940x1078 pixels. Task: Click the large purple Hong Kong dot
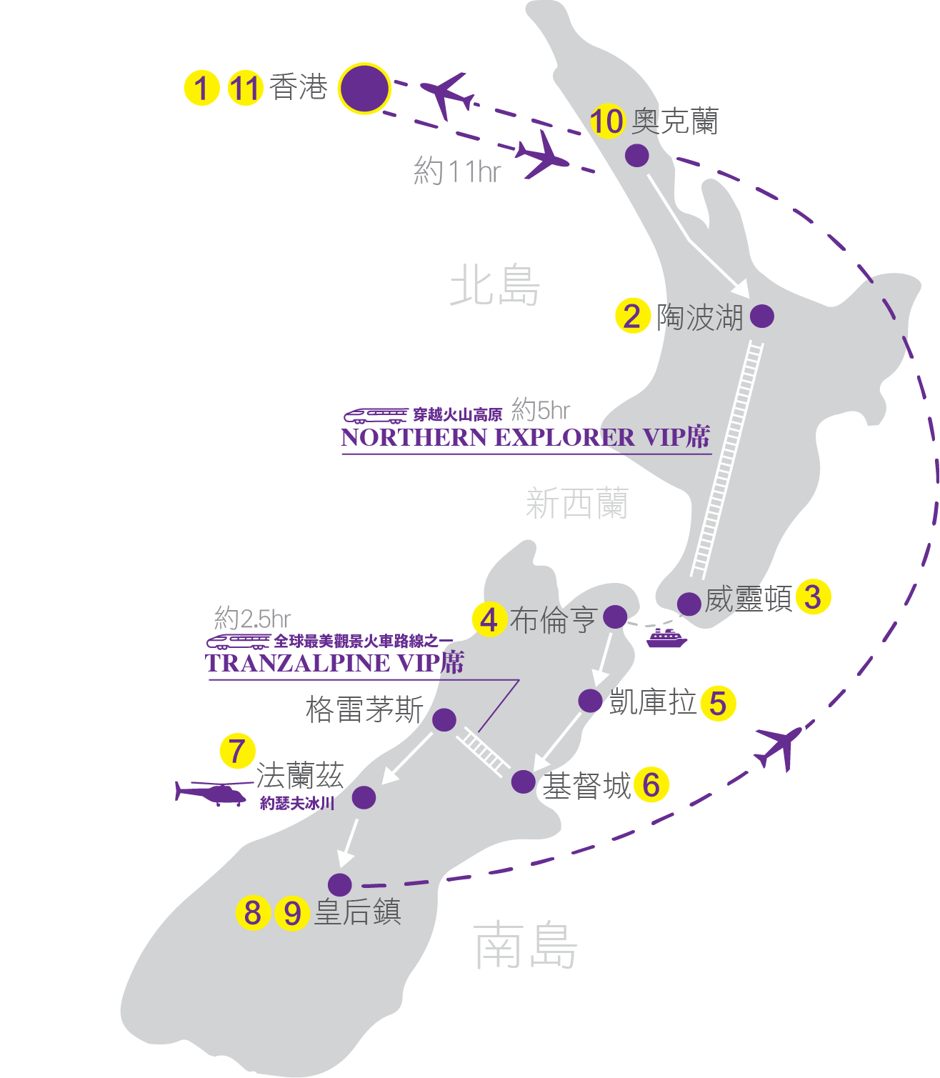pyautogui.click(x=364, y=89)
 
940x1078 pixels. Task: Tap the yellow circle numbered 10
pyautogui.click(x=606, y=121)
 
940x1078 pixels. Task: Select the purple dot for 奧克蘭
pyautogui.click(x=636, y=155)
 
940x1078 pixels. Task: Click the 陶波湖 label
pyautogui.click(x=699, y=317)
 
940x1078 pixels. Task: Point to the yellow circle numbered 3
pyautogui.click(x=813, y=597)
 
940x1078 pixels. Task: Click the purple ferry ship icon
pyautogui.click(x=666, y=638)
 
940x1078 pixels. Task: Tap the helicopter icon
pyautogui.click(x=212, y=792)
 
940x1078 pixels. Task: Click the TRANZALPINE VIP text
pyautogui.click(x=334, y=663)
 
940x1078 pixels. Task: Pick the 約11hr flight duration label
pyautogui.click(x=457, y=171)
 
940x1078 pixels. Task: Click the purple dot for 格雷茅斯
pyautogui.click(x=444, y=719)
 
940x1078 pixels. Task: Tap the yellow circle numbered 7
pyautogui.click(x=237, y=751)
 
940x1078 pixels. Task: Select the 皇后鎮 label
pyautogui.click(x=358, y=912)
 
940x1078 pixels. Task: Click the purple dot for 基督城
pyautogui.click(x=523, y=782)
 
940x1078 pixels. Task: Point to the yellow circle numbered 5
pyautogui.click(x=718, y=703)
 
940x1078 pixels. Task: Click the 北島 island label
pyautogui.click(x=495, y=286)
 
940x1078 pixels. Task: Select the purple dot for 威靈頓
pyautogui.click(x=689, y=604)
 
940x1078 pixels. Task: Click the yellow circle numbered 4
pyautogui.click(x=489, y=619)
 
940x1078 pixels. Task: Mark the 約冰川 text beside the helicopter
pyautogui.click(x=297, y=803)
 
